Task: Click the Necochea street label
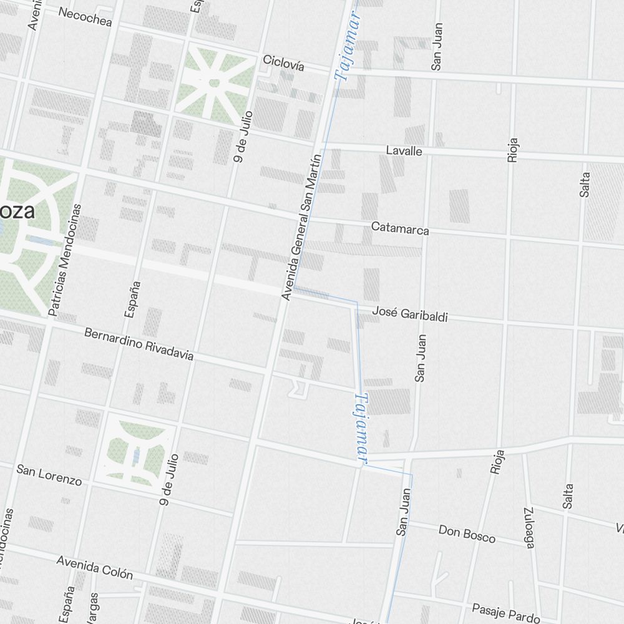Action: [x=85, y=17]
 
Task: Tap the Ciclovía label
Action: [x=283, y=62]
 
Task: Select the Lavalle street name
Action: [x=404, y=151]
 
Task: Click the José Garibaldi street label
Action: [x=410, y=314]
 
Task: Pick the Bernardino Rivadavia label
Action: [x=139, y=344]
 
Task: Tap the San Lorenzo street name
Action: [x=49, y=475]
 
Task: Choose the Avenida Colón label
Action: [x=94, y=567]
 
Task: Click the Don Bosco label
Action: [x=467, y=534]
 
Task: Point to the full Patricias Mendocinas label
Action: [x=65, y=258]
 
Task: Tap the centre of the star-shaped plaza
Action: [x=215, y=82]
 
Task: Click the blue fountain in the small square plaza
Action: [x=137, y=456]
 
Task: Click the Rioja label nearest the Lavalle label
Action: [x=513, y=150]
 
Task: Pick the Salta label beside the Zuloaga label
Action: [x=567, y=495]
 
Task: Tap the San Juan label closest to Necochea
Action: [x=436, y=46]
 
